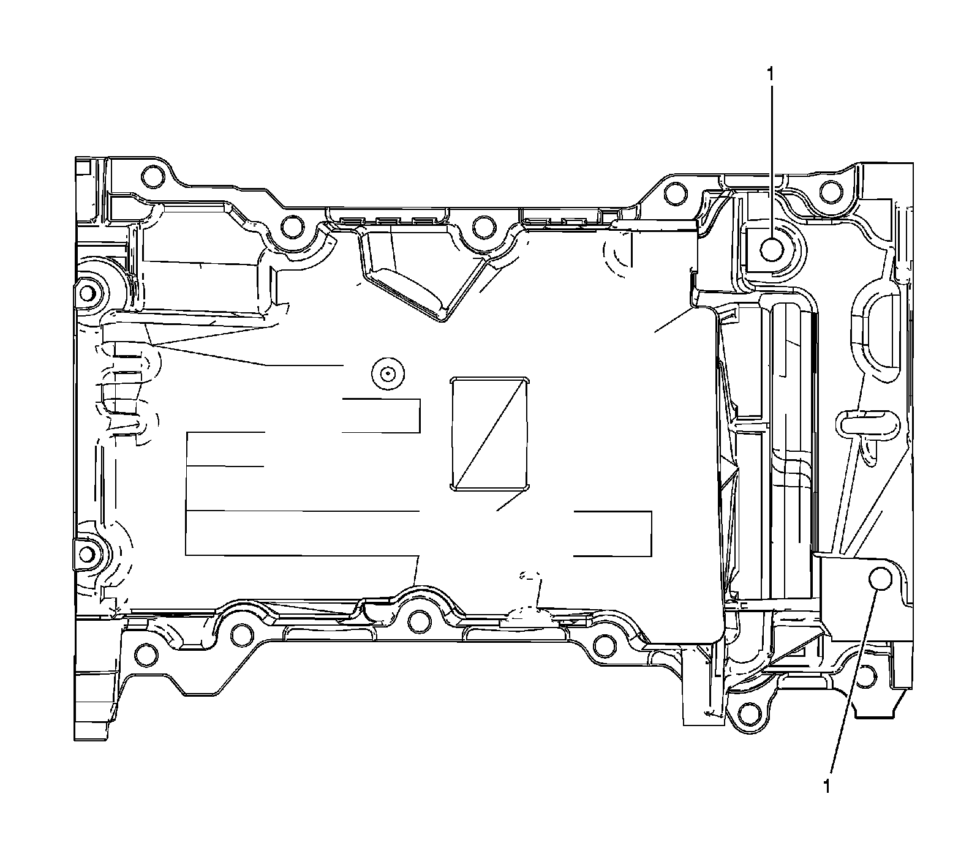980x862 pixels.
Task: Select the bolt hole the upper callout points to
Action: click(771, 249)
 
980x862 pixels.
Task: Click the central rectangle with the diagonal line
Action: click(489, 433)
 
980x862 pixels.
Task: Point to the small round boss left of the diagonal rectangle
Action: click(386, 373)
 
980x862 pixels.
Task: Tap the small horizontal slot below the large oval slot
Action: click(864, 424)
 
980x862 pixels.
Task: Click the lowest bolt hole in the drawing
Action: click(748, 712)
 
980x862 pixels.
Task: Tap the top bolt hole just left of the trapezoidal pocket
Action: click(291, 228)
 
